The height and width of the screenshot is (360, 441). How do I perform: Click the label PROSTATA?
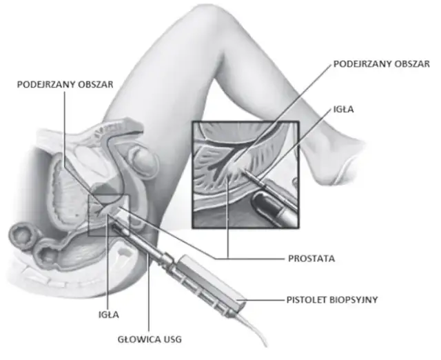(x=311, y=259)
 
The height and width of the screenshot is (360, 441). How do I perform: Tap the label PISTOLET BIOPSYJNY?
(x=332, y=300)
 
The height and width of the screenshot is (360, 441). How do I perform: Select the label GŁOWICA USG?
(x=150, y=339)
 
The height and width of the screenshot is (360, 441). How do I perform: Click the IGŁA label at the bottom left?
(x=109, y=314)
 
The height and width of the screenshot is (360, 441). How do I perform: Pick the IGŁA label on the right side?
(x=343, y=109)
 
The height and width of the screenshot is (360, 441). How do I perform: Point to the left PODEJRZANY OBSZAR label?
(x=65, y=84)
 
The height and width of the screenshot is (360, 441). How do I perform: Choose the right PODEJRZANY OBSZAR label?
(x=382, y=64)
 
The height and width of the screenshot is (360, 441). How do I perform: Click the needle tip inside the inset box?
(x=245, y=171)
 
